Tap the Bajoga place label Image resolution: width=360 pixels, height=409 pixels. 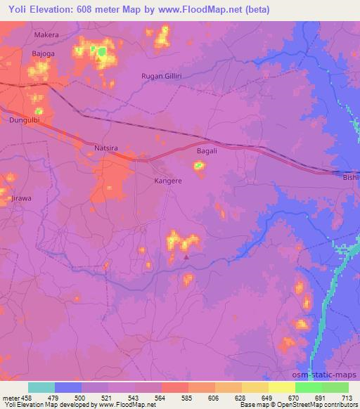tap(43, 53)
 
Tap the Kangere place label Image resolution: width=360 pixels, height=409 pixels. tap(168, 181)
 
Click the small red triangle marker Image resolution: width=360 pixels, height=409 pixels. tap(186, 257)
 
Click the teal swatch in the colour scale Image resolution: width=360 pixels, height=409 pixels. tap(41, 387)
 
